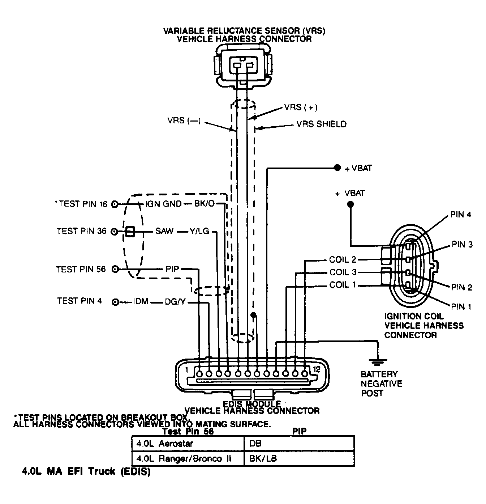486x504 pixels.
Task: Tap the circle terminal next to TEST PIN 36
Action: pos(114,232)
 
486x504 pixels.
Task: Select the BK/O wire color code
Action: pos(204,204)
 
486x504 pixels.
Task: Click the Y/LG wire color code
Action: pos(199,231)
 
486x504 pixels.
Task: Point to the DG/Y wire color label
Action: pos(175,302)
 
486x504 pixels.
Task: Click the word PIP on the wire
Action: pos(172,269)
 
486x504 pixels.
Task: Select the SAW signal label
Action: pos(164,231)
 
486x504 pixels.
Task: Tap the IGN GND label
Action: pos(163,204)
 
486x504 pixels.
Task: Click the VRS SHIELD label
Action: pos(321,124)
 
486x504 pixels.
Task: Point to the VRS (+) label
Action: pos(301,107)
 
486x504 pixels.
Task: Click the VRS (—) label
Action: pos(184,120)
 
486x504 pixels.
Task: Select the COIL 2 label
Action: pos(343,260)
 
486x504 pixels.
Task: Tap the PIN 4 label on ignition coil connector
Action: pos(460,215)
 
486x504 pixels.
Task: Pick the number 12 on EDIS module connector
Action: pos(317,369)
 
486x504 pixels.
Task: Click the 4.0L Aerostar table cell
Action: pos(165,444)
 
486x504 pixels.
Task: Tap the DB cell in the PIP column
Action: pos(255,444)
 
